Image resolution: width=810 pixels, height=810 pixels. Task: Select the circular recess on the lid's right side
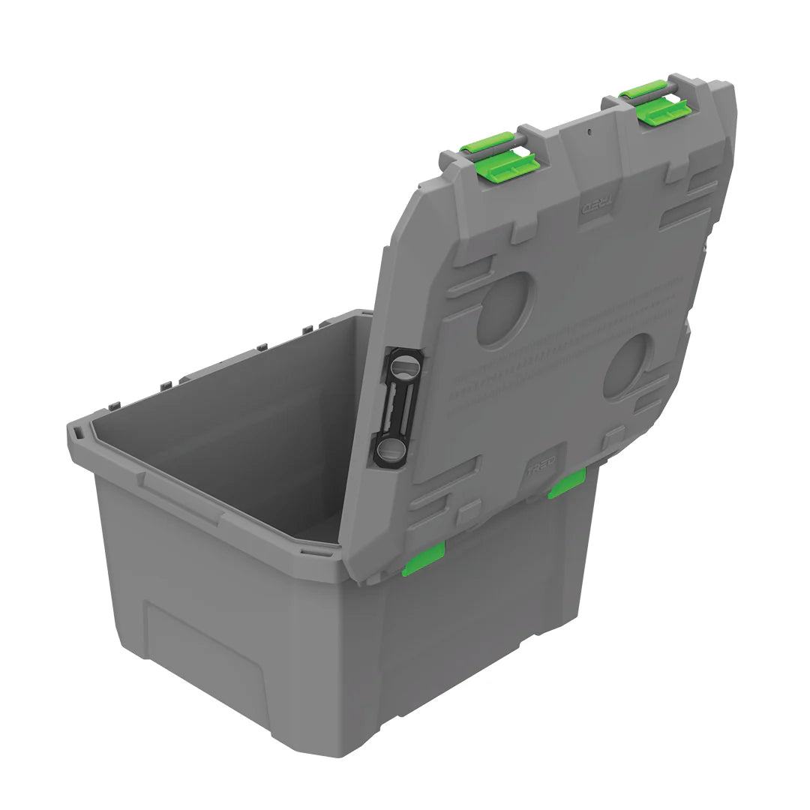coord(628,365)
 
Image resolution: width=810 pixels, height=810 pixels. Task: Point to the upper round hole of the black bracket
coord(405,367)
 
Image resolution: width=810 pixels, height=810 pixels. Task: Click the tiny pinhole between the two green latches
coord(589,132)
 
